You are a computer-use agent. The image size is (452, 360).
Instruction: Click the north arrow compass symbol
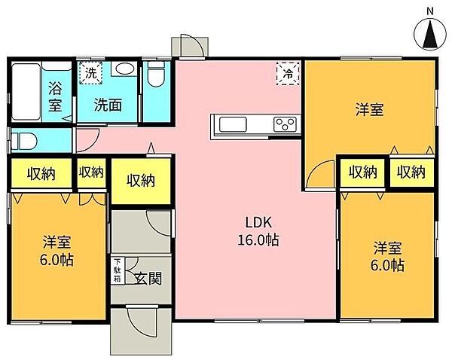click(430, 35)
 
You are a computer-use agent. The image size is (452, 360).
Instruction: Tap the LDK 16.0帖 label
click(258, 231)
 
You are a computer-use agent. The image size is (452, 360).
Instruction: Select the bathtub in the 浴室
click(26, 91)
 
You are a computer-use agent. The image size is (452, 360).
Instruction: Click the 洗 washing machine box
click(91, 73)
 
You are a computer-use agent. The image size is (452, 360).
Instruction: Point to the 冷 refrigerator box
click(288, 74)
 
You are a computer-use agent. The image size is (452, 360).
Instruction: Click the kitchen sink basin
click(233, 124)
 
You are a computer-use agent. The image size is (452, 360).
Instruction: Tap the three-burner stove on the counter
click(285, 124)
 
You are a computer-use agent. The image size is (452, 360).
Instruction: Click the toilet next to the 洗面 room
click(156, 75)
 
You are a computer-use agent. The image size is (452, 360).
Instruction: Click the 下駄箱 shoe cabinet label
click(118, 270)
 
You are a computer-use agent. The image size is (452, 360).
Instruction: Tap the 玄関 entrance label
click(148, 279)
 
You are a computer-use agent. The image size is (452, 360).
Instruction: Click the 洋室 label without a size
click(370, 109)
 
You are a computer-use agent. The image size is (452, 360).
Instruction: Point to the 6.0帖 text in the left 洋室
click(56, 261)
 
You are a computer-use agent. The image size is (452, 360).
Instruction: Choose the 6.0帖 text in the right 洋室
click(387, 265)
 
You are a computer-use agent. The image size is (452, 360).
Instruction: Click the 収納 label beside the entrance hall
click(142, 181)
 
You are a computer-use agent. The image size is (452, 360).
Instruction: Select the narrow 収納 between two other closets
click(91, 172)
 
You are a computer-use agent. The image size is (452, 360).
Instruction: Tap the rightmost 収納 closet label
click(411, 172)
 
